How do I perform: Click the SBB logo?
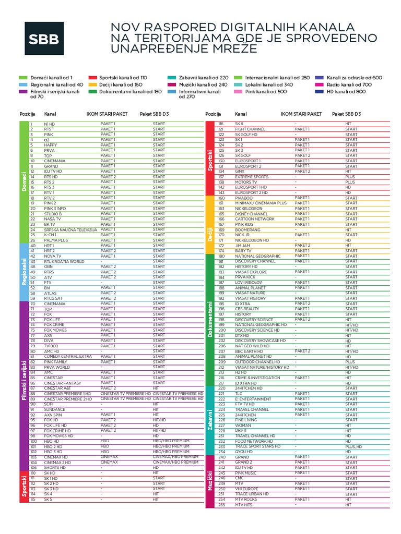click(44, 39)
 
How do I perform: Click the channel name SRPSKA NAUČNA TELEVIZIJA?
click(71, 230)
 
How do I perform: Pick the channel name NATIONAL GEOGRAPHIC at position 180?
click(257, 256)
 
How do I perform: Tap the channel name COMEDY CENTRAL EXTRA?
click(68, 356)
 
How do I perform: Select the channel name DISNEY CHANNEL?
click(251, 214)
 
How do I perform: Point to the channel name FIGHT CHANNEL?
click(250, 129)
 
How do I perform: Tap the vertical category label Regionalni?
click(23, 271)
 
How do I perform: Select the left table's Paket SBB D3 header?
click(154, 114)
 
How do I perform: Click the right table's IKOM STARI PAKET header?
click(301, 114)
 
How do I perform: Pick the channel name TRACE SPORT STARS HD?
click(257, 446)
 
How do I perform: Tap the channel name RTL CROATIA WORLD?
click(64, 261)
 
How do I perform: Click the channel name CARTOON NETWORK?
click(254, 219)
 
